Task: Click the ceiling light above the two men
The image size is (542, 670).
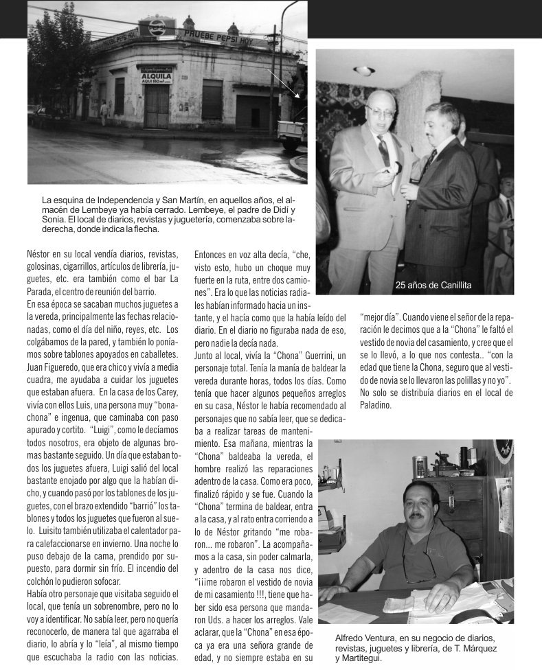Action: point(364,70)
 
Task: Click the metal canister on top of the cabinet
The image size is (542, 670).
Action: point(419,467)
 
